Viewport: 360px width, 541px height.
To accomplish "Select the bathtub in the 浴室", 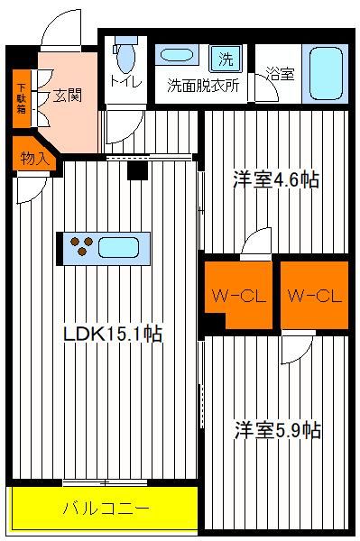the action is pyautogui.click(x=326, y=74).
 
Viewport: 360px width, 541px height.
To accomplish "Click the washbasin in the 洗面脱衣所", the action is pyautogui.click(x=177, y=55).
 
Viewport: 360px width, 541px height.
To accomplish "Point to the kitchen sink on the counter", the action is pyautogui.click(x=119, y=248).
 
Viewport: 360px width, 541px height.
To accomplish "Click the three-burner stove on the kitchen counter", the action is pyautogui.click(x=81, y=245).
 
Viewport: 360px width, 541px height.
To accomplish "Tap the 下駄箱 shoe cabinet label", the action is pyautogui.click(x=22, y=98).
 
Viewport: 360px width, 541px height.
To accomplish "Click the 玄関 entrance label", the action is pyautogui.click(x=68, y=95).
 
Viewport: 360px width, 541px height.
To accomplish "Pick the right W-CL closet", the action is pyautogui.click(x=314, y=295).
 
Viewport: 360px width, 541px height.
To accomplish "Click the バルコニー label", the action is pyautogui.click(x=106, y=509).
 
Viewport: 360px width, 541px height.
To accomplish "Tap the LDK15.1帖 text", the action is pyautogui.click(x=113, y=334).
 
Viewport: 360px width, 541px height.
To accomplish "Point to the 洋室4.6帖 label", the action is pyautogui.click(x=276, y=179).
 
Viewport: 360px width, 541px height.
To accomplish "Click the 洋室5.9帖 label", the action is pyautogui.click(x=278, y=430).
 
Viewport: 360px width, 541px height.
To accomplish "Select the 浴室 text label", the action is pyautogui.click(x=281, y=73).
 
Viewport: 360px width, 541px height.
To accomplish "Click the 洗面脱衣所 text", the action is pyautogui.click(x=203, y=86).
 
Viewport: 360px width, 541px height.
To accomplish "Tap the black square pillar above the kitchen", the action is pyautogui.click(x=137, y=170).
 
